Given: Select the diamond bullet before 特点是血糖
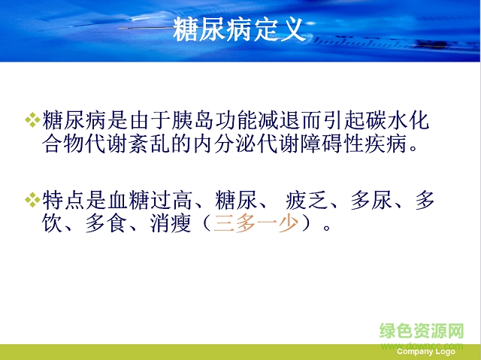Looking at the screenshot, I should [x=32, y=200].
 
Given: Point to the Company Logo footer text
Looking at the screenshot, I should [x=425, y=352].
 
